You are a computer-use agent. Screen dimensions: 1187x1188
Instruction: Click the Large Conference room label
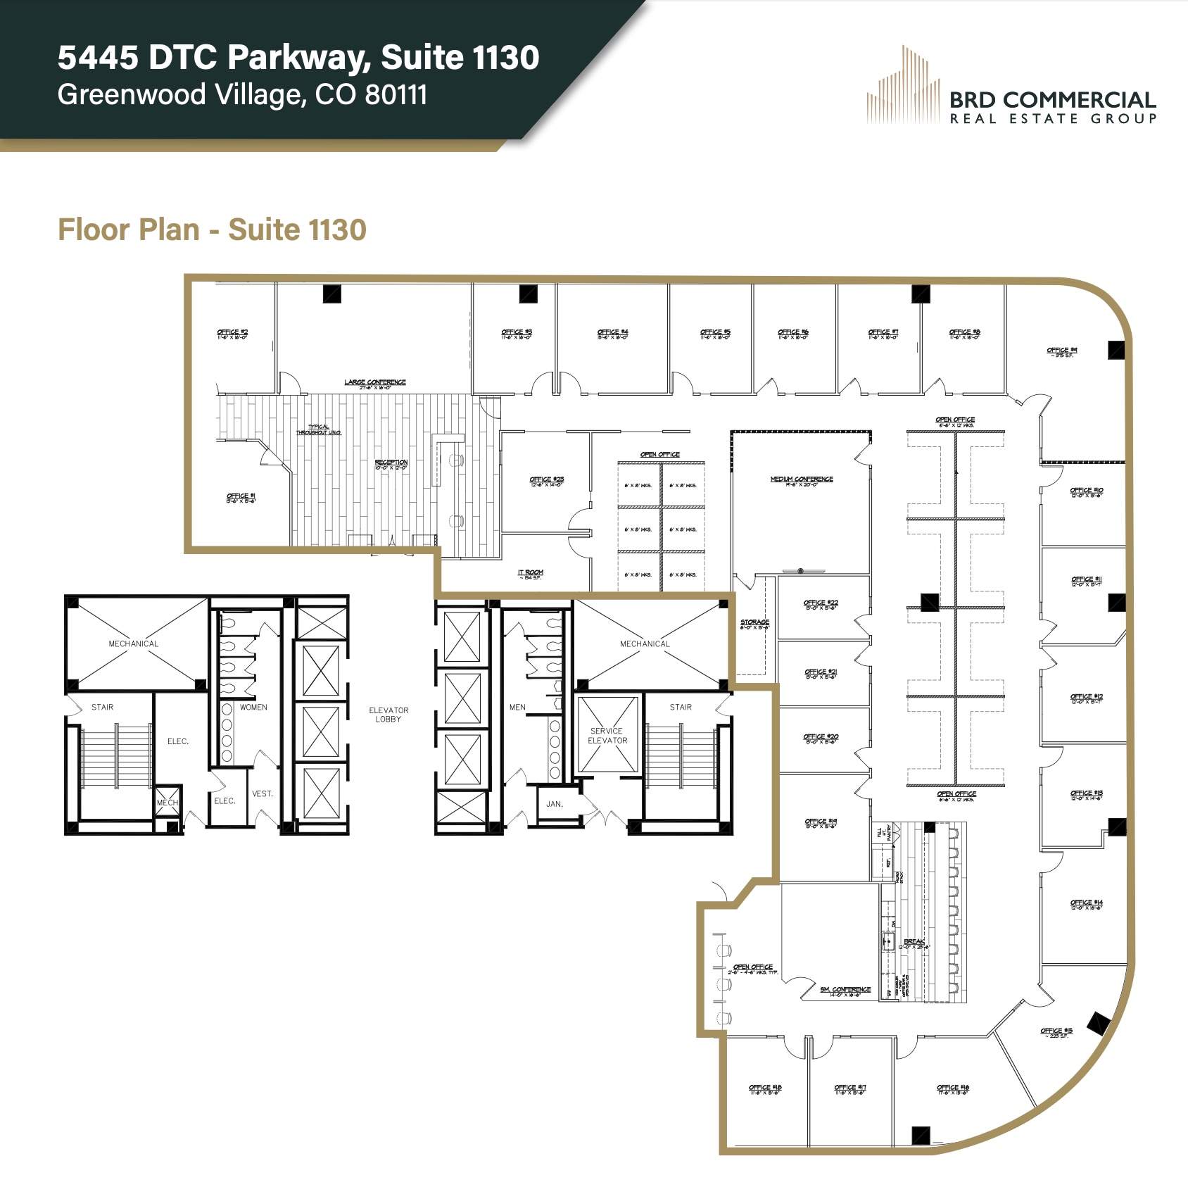coord(374,383)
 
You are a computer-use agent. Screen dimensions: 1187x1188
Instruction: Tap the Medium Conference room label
coord(801,480)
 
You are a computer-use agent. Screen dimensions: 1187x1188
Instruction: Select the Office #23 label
coord(546,481)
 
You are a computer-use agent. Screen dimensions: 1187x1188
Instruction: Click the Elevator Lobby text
coord(388,715)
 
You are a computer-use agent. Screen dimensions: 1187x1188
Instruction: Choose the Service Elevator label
coord(607,736)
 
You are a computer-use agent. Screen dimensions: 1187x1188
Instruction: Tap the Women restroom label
coord(253,707)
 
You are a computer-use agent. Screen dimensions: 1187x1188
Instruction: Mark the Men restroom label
coord(517,707)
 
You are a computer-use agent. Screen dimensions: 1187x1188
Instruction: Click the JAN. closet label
coord(555,803)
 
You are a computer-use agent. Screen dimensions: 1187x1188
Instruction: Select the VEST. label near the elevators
coord(262,793)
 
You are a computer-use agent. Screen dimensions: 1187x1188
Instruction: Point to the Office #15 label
coord(1056,1032)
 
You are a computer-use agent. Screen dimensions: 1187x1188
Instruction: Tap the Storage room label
coord(754,623)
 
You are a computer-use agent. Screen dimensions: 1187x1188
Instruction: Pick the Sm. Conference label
coord(845,991)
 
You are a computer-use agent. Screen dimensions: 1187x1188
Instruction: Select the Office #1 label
coord(241,497)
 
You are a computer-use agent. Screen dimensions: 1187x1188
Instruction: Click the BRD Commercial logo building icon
coord(903,86)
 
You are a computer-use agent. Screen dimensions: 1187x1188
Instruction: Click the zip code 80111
coord(396,94)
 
